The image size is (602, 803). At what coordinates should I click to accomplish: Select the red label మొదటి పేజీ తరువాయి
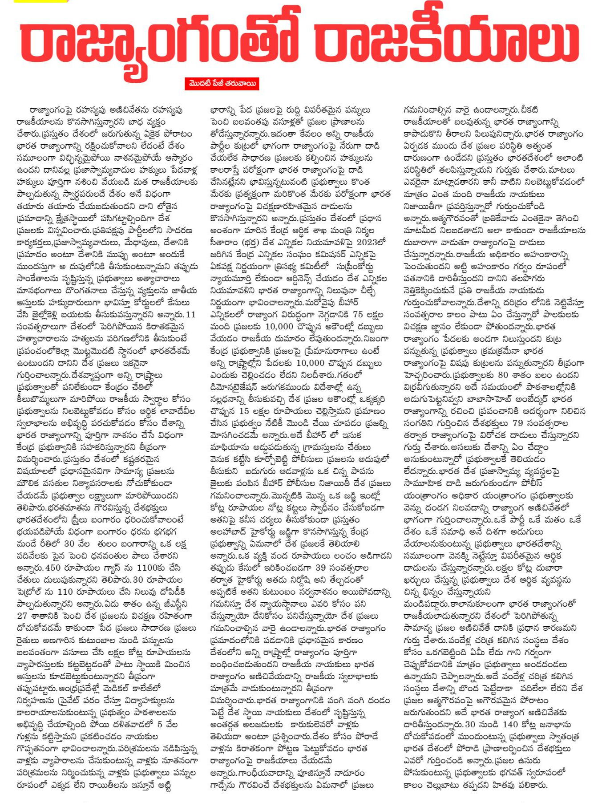tap(222, 84)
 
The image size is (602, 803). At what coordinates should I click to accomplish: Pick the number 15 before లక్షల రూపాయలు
tap(244, 411)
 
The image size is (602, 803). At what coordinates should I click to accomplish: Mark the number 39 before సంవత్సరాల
tap(321, 568)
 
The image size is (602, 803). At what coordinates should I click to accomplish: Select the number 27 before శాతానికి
tap(22, 616)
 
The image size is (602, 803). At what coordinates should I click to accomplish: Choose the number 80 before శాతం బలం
tap(503, 375)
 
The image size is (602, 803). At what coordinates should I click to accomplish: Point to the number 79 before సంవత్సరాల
tap(517, 423)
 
